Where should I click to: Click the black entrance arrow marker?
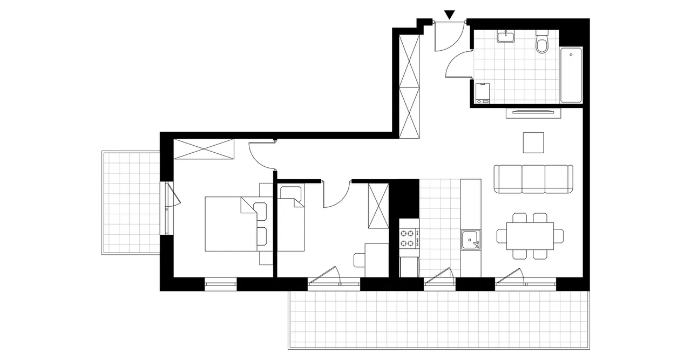tap(450, 15)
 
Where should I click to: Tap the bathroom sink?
tap(507, 36)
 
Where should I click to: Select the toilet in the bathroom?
tap(542, 43)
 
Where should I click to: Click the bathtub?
tap(571, 75)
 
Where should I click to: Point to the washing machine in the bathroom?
tap(482, 92)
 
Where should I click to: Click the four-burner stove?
tap(409, 238)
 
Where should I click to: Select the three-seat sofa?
tap(533, 179)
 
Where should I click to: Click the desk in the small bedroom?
tap(377, 260)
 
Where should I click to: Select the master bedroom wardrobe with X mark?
tap(204, 148)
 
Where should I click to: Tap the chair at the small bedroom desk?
tap(360, 260)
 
